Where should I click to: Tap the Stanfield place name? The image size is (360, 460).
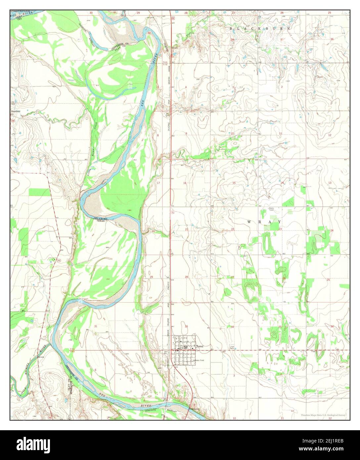(16, 112)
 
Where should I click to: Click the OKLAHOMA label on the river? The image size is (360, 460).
(101, 218)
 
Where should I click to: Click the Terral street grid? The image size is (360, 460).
(184, 351)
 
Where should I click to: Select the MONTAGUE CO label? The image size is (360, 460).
(70, 387)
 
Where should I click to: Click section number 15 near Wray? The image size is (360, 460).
(234, 183)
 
